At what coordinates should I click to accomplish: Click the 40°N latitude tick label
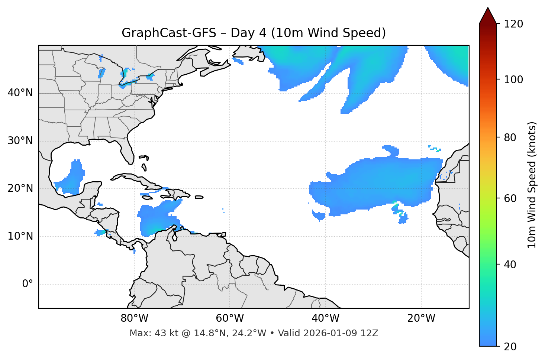click(x=20, y=93)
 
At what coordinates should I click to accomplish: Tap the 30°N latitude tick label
click(x=20, y=141)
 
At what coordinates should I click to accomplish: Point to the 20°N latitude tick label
click(x=20, y=188)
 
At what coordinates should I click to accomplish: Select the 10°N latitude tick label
click(x=20, y=236)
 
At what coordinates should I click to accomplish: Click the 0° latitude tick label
click(x=28, y=284)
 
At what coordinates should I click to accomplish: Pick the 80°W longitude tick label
click(x=134, y=318)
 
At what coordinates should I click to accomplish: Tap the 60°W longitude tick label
click(x=230, y=318)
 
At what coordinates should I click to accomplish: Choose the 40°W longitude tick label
click(x=325, y=318)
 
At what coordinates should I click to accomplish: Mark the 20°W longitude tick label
click(x=421, y=318)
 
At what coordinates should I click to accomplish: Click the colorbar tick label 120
click(x=513, y=24)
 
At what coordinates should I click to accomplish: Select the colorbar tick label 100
click(x=513, y=80)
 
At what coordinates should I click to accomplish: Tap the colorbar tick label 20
click(x=510, y=347)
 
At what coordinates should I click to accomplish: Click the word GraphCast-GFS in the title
click(x=169, y=33)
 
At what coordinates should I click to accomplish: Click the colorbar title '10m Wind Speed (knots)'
click(x=532, y=185)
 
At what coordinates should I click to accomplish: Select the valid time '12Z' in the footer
click(x=371, y=333)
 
